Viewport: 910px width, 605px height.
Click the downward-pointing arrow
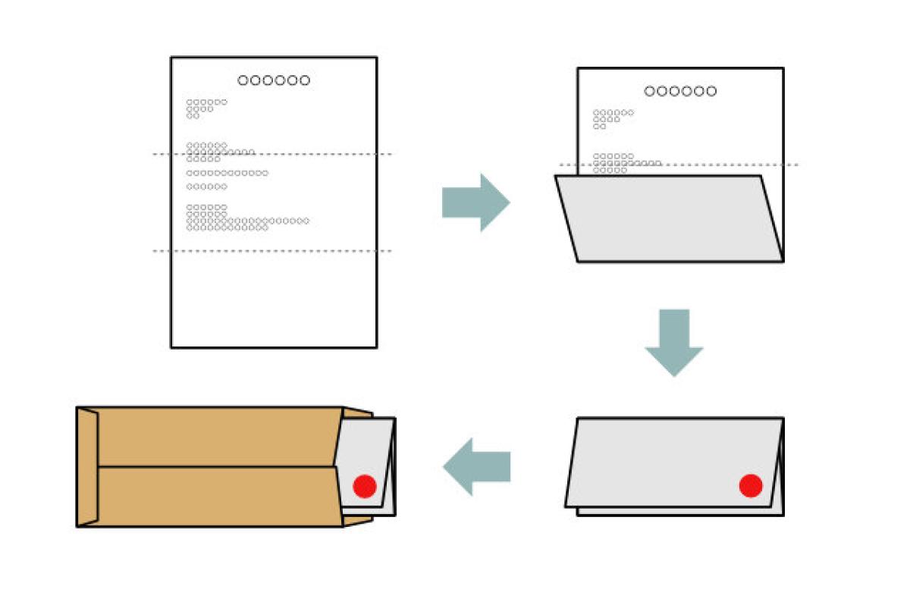click(673, 342)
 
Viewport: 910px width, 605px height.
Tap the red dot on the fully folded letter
click(750, 485)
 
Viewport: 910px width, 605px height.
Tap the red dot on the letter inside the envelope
click(365, 486)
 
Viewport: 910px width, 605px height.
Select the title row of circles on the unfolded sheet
click(274, 80)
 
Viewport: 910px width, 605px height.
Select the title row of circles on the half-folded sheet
click(680, 91)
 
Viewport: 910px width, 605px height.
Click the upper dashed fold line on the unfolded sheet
click(273, 155)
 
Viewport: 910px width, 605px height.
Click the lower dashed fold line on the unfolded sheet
click(273, 251)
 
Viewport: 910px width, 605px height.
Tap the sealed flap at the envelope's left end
click(87, 466)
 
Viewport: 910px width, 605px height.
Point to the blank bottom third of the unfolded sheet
click(273, 299)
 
